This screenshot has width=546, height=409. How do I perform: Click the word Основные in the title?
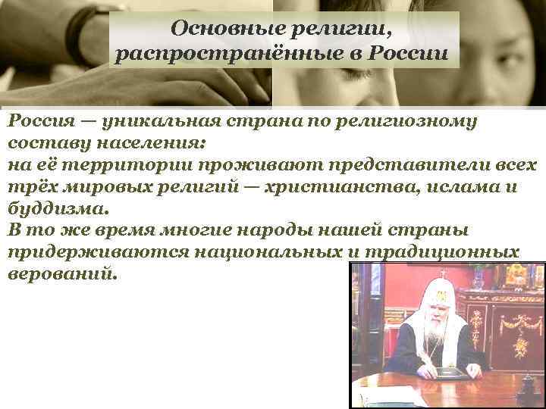216,29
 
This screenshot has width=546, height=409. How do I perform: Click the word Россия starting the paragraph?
41,121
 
